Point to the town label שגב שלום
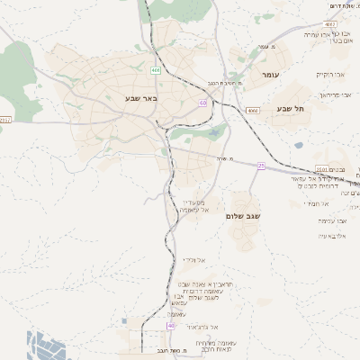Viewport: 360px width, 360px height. [x=243, y=216]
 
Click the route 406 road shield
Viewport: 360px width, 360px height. [x=156, y=69]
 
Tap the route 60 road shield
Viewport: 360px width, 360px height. [x=203, y=103]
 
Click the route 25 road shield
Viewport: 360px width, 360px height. [x=262, y=166]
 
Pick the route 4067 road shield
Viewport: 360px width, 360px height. [x=329, y=24]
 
